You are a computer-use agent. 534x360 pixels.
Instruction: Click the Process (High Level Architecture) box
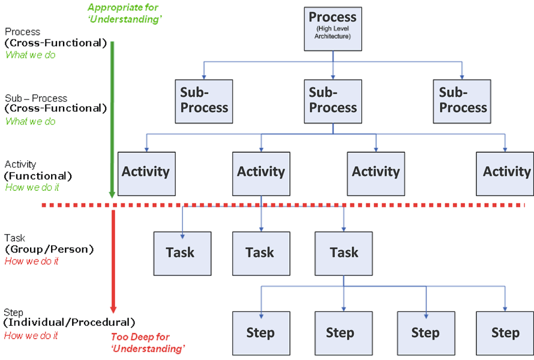[x=333, y=29]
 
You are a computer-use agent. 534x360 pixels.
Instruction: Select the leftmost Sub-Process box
[x=204, y=101]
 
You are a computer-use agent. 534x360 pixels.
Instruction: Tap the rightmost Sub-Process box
[x=462, y=101]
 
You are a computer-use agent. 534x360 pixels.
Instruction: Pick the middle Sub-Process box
[x=333, y=101]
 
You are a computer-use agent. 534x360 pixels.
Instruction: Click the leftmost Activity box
[x=146, y=173]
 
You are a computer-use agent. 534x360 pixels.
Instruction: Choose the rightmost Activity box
[x=505, y=173]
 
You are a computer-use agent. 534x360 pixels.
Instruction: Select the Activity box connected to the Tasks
[x=261, y=173]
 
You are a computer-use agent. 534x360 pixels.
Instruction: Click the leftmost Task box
[x=182, y=254]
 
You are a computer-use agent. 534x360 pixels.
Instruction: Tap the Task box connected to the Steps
[x=344, y=254]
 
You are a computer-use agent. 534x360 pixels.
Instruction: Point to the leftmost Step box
[x=261, y=334]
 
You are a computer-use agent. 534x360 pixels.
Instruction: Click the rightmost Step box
[x=505, y=334]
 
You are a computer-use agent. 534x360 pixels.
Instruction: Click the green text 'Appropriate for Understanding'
[x=124, y=13]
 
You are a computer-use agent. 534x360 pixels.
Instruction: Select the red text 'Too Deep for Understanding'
[x=148, y=343]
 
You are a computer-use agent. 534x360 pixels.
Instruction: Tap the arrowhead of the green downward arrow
[x=112, y=194]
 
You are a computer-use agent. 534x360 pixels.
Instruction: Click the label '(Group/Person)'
[x=49, y=250]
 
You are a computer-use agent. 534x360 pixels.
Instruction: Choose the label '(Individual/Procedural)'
[x=69, y=322]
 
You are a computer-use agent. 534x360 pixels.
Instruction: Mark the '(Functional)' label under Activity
[x=38, y=176]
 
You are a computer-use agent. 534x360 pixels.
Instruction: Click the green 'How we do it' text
[x=32, y=187]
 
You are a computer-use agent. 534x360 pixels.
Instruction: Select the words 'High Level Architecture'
[x=333, y=32]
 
